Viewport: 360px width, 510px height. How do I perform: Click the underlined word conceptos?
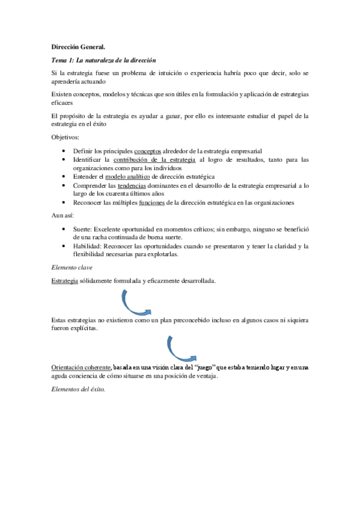147,150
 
